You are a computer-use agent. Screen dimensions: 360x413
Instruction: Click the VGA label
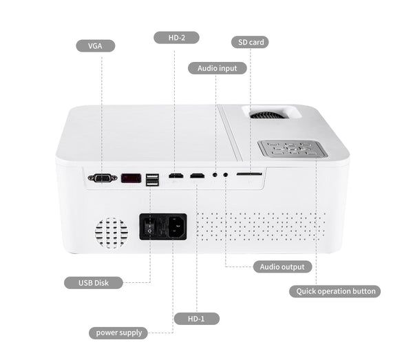95,46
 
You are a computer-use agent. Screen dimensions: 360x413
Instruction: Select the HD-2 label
176,37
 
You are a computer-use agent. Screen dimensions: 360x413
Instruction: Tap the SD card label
248,42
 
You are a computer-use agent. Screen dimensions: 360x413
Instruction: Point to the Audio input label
217,68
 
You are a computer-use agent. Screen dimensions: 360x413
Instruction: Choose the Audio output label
282,266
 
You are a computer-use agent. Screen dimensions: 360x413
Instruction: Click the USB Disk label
94,282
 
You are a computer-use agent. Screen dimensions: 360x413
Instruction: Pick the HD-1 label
196,318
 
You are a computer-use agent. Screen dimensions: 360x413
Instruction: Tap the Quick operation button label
335,291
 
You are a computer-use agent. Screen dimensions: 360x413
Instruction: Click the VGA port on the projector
102,178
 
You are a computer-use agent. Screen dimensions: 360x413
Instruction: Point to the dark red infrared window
131,178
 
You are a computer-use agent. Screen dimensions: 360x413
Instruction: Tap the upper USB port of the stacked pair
152,176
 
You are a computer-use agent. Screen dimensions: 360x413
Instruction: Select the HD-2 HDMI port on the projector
176,176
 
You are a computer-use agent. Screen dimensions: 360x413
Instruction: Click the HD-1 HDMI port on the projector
197,176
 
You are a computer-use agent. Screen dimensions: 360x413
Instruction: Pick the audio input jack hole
215,176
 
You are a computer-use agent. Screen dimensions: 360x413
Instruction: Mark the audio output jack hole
225,176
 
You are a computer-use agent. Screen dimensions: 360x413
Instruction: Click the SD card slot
248,175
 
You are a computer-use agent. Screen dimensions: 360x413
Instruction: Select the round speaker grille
111,233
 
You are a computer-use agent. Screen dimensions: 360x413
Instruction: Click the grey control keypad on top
292,148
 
